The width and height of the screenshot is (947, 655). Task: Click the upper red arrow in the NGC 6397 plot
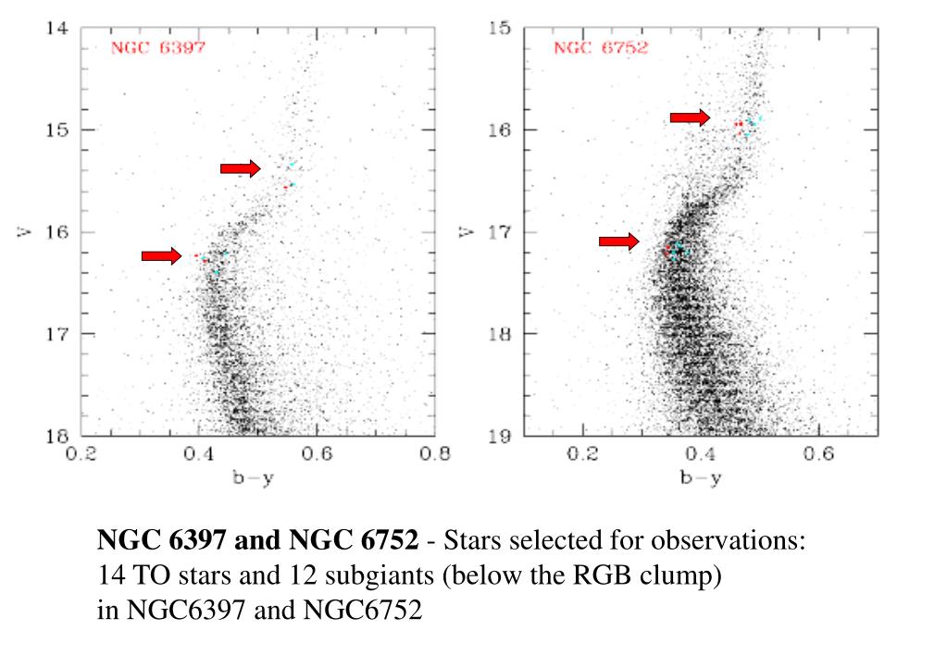click(240, 168)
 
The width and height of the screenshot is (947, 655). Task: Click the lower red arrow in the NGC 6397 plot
click(161, 256)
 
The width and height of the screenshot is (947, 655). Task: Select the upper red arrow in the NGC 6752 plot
click(690, 117)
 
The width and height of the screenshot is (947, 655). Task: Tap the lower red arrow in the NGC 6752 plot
click(618, 241)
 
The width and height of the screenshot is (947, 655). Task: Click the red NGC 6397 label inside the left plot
click(157, 47)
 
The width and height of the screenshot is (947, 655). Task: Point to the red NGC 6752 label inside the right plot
click(601, 47)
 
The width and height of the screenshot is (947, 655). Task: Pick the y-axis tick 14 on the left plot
click(56, 28)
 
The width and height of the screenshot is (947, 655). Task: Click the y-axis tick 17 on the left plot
click(56, 333)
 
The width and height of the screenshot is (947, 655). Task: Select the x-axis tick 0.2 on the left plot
click(82, 454)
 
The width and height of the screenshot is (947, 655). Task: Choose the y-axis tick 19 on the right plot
click(500, 436)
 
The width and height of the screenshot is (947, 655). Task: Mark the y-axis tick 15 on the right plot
click(500, 28)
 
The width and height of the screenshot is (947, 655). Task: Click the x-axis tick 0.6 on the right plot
click(818, 454)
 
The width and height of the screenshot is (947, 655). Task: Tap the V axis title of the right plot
click(466, 231)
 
